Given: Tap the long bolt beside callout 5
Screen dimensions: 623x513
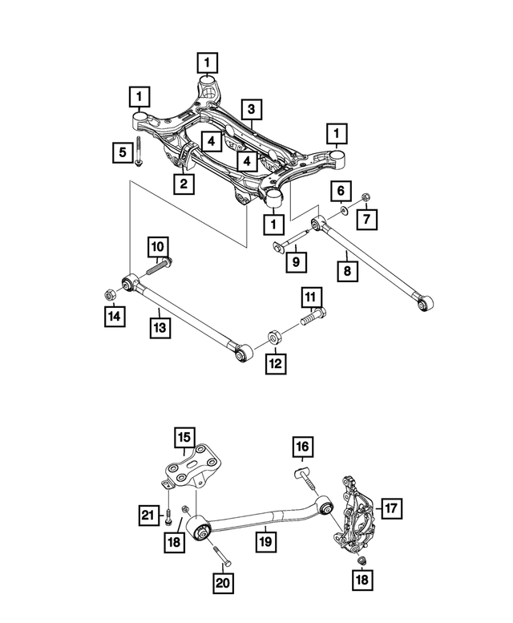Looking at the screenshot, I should click(x=140, y=152).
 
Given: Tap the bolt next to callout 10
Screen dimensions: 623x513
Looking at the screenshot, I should click(x=164, y=262).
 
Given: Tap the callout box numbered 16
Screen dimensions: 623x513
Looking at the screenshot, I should click(x=302, y=446).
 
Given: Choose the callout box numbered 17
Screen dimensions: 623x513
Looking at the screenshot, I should click(x=391, y=508).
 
